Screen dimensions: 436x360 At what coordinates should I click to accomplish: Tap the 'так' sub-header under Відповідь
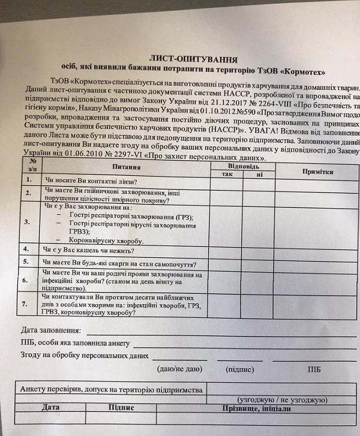coord(227,174)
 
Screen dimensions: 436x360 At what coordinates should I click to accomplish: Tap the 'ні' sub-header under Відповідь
coord(259,175)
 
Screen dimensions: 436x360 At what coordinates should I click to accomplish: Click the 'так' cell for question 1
coord(227,182)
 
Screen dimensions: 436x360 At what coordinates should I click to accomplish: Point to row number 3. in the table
coord(26,221)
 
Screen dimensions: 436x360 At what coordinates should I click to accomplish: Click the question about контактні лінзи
coord(90,181)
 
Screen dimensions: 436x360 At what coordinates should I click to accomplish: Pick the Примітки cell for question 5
coord(318,261)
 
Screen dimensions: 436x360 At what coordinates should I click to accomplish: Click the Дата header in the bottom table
coord(50,407)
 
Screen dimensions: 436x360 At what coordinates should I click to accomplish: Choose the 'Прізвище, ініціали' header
coord(256,408)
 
